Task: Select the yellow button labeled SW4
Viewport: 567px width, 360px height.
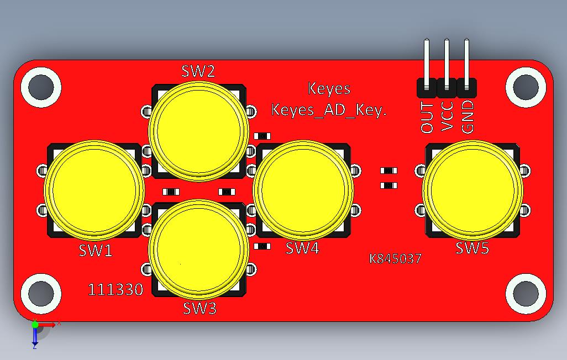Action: (x=303, y=189)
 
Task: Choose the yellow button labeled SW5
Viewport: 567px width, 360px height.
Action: (x=473, y=189)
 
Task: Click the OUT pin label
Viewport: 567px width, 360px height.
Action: (x=427, y=117)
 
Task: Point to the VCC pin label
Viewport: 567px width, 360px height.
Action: (x=448, y=117)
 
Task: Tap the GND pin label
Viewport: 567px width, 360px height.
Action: (x=468, y=117)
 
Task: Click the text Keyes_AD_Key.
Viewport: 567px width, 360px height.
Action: (x=329, y=110)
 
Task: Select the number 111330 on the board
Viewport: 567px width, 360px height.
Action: (x=116, y=289)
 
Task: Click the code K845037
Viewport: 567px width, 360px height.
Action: (x=396, y=258)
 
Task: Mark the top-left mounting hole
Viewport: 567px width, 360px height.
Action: (x=40, y=87)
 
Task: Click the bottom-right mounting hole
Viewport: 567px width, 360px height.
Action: (x=526, y=293)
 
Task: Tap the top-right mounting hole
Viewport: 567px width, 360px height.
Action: (x=526, y=87)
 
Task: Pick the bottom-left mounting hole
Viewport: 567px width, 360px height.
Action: (x=40, y=293)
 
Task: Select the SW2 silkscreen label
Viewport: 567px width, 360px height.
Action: (x=198, y=71)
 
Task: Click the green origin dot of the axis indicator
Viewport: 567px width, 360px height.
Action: (x=35, y=325)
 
